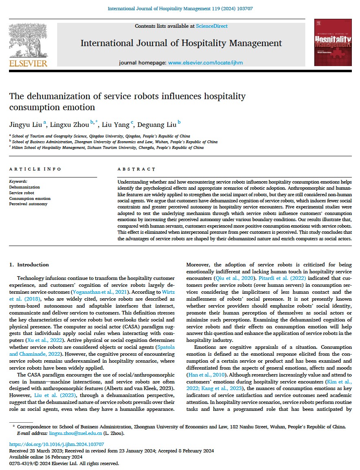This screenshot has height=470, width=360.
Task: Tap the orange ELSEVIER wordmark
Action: click(28, 63)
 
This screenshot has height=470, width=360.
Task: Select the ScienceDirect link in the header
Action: click(211, 26)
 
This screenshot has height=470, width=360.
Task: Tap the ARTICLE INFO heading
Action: click(35, 169)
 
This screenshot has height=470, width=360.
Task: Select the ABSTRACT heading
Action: click(136, 169)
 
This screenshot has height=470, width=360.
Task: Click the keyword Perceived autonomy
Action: click(28, 204)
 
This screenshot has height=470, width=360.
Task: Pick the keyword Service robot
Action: click(22, 193)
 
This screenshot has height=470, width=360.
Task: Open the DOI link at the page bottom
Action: click(56, 444)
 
